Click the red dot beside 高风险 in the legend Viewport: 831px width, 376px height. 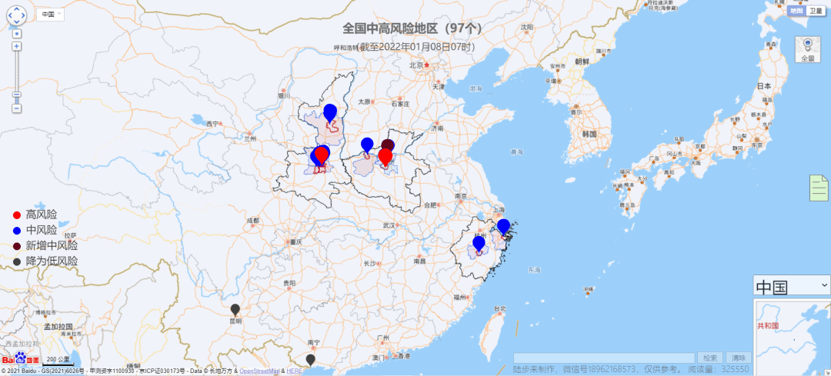point(17,215)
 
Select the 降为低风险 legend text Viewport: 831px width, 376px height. point(52,261)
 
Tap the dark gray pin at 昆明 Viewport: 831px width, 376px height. point(235,310)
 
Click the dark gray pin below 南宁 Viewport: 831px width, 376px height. point(310,359)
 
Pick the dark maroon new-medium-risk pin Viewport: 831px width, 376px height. point(388,145)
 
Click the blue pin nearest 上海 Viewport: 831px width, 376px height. point(503,226)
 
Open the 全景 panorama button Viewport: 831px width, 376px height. point(807,50)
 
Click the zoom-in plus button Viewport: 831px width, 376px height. point(17,47)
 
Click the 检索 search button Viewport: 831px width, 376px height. point(710,358)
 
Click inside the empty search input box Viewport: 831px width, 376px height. point(604,358)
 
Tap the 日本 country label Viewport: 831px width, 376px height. point(764,85)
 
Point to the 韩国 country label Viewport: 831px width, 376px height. point(589,133)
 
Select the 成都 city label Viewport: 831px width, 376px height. point(253,221)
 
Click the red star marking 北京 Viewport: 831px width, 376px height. point(426,65)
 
